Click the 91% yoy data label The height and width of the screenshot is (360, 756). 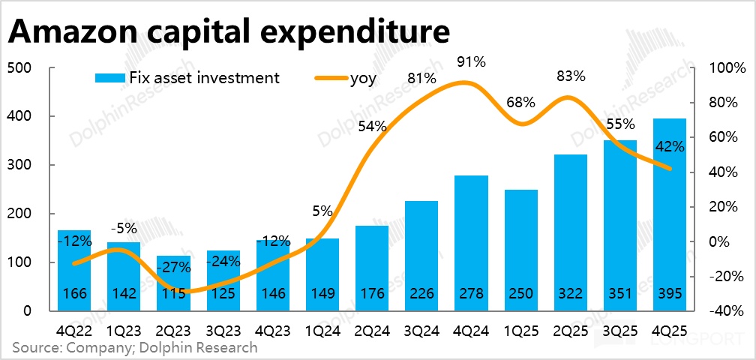point(470,59)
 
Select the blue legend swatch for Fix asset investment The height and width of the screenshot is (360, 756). point(109,78)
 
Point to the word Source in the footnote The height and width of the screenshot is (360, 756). point(35,347)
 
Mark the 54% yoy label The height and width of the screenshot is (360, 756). point(371,127)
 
